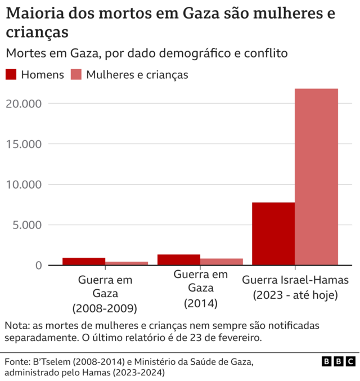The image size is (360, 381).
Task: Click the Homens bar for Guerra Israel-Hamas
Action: tap(273, 234)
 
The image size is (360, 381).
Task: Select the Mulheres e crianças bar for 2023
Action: tap(317, 177)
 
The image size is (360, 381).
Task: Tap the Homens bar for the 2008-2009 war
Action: tap(84, 261)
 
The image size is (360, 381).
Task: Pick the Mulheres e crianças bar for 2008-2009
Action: tap(127, 263)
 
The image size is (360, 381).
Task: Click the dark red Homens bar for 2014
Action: tap(179, 259)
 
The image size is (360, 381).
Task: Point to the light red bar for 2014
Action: tap(222, 262)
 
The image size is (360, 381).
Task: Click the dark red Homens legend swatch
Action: tap(11, 75)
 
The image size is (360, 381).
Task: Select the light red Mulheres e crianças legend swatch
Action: tap(76, 75)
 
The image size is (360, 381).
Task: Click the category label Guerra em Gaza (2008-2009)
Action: tap(105, 294)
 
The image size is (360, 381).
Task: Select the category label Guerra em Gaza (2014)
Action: tap(201, 289)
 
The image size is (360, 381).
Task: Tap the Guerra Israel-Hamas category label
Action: tap(295, 287)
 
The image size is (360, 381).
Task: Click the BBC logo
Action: tap(339, 361)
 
